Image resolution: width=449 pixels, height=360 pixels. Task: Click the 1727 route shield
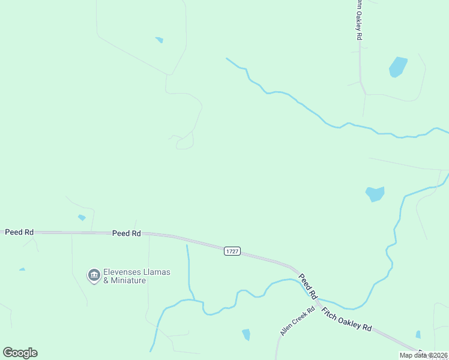click(x=232, y=251)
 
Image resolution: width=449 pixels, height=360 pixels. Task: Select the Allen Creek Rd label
click(x=297, y=322)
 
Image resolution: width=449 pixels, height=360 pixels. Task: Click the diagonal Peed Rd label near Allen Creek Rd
click(x=308, y=286)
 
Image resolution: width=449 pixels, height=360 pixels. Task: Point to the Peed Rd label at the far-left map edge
click(x=19, y=232)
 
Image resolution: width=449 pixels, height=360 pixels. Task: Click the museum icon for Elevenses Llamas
click(x=94, y=275)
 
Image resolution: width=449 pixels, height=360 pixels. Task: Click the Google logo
click(x=20, y=352)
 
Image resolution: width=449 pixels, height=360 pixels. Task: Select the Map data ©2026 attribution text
click(x=423, y=355)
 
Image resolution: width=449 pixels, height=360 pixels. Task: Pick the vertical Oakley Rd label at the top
click(x=358, y=21)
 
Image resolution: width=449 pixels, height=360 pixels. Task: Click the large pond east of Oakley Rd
click(x=397, y=67)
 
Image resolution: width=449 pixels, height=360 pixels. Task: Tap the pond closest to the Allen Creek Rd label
click(x=246, y=334)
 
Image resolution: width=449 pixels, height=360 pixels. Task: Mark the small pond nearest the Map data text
click(x=418, y=334)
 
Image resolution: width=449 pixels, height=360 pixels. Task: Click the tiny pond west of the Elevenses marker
click(x=22, y=269)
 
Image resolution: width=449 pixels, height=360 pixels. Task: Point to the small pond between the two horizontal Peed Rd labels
click(x=82, y=217)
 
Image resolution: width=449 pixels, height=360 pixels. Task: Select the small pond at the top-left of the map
click(x=159, y=40)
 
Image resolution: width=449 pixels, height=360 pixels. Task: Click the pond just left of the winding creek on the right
click(x=375, y=194)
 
